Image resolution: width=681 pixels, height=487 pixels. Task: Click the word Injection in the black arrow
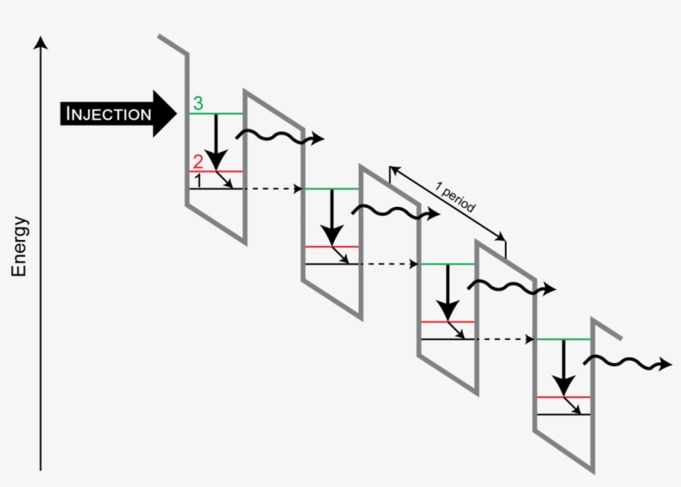coord(108,114)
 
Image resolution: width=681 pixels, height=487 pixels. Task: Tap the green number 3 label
coord(198,103)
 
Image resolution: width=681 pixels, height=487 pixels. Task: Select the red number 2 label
coord(198,161)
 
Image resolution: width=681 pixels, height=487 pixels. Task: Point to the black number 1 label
coord(198,179)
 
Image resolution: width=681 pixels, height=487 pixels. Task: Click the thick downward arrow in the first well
coord(216,141)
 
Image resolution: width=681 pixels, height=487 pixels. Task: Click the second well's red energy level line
coord(331,246)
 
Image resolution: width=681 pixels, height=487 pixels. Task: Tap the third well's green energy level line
coord(448,263)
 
